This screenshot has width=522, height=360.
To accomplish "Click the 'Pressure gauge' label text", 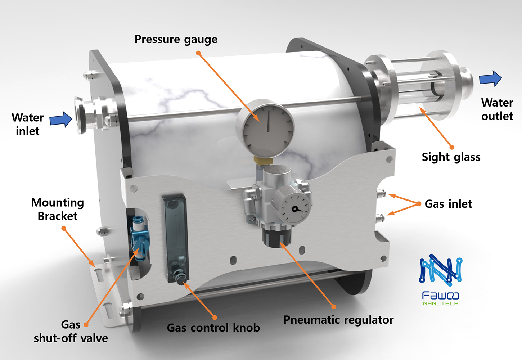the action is coord(176,39).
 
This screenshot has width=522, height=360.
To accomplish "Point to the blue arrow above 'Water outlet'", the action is coord(490,78).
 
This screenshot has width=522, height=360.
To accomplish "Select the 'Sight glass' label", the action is coord(451,157).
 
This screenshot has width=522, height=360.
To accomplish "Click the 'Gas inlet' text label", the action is coord(448,204).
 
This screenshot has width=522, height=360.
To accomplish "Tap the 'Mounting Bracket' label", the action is coord(58,209).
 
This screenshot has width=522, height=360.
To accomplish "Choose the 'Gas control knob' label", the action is coord(213,328).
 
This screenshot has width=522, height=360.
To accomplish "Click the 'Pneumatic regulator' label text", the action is coord(338,320).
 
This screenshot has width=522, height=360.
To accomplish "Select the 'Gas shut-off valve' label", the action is coord(71,332).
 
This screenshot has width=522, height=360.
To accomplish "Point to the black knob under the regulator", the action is coord(277,238).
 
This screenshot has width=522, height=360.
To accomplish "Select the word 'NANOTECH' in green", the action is coord(441,303).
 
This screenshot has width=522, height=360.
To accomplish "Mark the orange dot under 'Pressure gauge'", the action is coord(198,53).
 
